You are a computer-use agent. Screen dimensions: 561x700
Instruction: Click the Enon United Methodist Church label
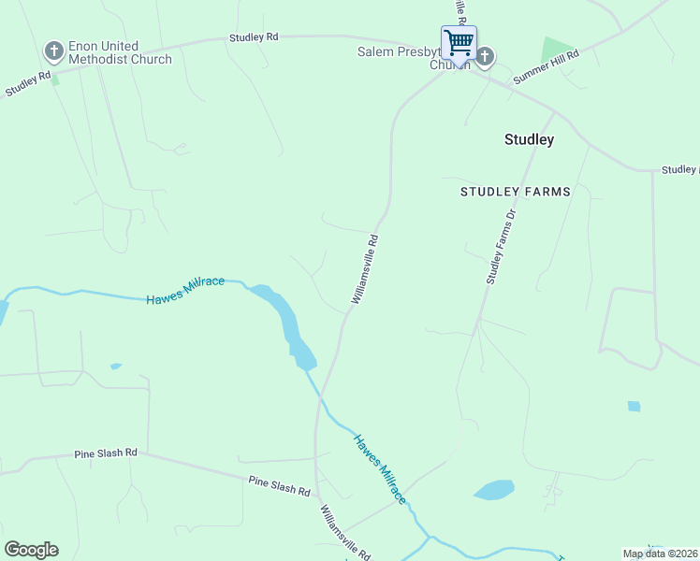(120, 53)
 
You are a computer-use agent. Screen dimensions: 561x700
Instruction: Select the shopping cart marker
(459, 42)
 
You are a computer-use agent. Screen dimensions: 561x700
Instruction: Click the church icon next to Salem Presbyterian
(485, 57)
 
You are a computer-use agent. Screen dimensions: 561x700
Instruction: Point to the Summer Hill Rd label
(547, 67)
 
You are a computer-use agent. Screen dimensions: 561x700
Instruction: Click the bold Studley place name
(529, 140)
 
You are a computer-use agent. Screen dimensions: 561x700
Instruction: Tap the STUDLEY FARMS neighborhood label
(515, 192)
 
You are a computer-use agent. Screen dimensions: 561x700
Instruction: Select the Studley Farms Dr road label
(501, 247)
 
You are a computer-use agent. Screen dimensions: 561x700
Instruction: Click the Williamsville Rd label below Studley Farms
(365, 268)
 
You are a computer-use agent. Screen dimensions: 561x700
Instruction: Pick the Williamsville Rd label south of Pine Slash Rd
(344, 532)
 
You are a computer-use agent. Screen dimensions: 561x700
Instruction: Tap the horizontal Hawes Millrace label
(185, 290)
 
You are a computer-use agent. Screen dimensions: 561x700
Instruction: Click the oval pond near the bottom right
(494, 490)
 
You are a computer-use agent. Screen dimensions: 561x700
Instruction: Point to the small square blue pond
(634, 407)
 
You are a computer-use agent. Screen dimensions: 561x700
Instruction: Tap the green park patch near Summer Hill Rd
(556, 50)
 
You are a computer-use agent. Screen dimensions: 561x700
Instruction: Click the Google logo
(31, 550)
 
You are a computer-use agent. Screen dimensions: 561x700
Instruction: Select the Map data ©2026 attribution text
(661, 554)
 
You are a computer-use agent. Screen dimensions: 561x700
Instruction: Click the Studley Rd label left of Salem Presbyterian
(254, 37)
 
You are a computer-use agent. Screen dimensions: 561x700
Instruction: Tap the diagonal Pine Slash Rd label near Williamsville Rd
(279, 485)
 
